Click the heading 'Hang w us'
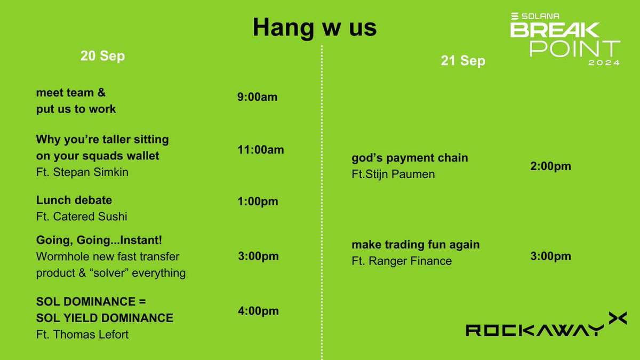(315, 28)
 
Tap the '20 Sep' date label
(102, 56)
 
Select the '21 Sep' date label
(463, 61)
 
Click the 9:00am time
(258, 97)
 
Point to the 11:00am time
(261, 150)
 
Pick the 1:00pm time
(258, 202)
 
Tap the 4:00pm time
(258, 311)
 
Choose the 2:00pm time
(550, 166)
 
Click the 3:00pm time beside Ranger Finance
(550, 256)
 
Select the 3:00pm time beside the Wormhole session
(258, 256)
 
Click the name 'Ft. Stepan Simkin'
(82, 172)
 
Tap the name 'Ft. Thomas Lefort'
(82, 334)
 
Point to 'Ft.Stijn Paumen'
(393, 174)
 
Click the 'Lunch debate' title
(74, 200)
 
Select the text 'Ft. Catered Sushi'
(82, 217)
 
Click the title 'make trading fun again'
(415, 245)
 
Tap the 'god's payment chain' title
(410, 158)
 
